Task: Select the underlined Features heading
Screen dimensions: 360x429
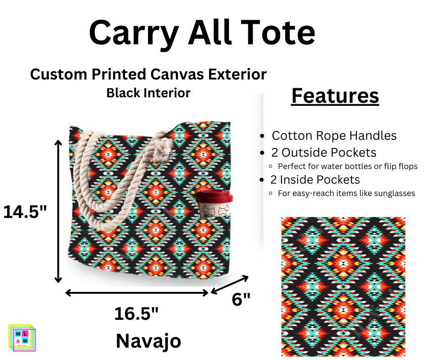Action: (x=335, y=96)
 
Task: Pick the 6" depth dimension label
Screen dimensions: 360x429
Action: (x=241, y=299)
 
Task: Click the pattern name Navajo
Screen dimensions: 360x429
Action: (x=148, y=341)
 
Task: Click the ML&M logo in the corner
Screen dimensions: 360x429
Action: (x=22, y=338)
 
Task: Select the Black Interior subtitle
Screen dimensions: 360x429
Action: (x=148, y=93)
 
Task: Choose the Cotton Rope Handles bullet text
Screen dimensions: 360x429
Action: (x=334, y=136)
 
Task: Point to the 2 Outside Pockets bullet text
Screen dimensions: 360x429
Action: (x=324, y=153)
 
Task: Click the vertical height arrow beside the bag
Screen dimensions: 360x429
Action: (x=58, y=211)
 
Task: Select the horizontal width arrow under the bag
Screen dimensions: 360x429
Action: (x=137, y=292)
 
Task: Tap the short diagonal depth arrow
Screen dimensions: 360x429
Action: (x=230, y=285)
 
